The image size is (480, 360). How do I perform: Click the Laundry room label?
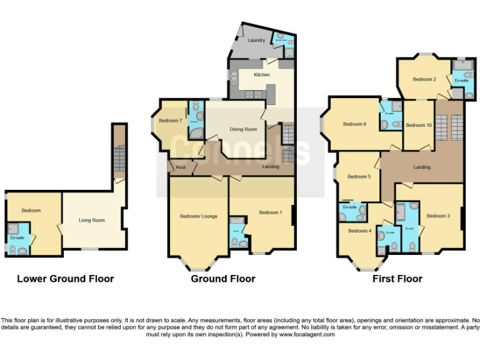tap(256, 40)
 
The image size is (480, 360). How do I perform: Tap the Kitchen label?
tap(261, 75)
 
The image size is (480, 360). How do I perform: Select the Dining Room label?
tap(243, 129)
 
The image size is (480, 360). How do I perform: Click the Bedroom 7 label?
tap(171, 121)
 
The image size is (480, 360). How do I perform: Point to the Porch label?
tap(181, 167)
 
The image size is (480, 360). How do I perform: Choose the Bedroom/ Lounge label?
tap(199, 216)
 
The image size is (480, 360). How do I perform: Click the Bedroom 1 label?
tap(271, 212)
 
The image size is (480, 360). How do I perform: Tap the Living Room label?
tap(91, 220)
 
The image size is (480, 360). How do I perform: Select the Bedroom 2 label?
tap(424, 79)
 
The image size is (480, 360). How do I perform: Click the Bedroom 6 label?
tap(354, 124)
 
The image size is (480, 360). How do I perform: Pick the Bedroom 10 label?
tap(418, 125)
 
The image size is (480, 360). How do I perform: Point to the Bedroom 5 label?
tap(359, 177)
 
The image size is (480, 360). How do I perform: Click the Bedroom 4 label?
tap(359, 231)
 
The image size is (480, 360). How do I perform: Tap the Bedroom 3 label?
tap(438, 216)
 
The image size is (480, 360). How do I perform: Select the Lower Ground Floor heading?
tap(65, 279)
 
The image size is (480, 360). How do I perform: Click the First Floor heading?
tap(397, 279)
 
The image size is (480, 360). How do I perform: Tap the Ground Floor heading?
tap(223, 279)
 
